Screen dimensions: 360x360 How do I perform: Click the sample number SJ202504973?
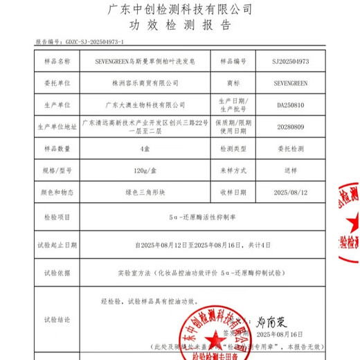pos(296,61)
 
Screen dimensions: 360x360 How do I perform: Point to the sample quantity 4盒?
pos(145,149)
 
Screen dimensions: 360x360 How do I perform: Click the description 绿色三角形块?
pos(145,192)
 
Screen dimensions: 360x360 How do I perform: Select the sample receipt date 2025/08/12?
pos(296,192)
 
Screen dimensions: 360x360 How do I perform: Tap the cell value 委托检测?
pos(296,149)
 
